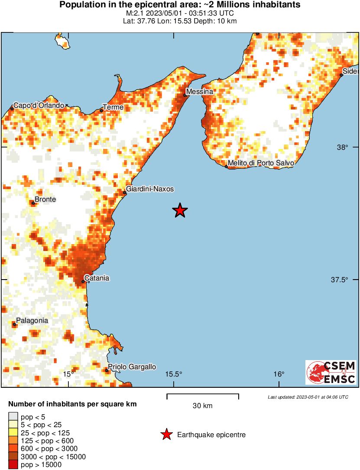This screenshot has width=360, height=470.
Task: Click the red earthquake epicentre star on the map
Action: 180,211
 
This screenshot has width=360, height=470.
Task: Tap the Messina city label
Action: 200,92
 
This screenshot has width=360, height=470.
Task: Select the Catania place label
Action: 97,278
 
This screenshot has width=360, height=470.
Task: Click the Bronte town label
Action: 45,200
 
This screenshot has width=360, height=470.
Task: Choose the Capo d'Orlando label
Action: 39,105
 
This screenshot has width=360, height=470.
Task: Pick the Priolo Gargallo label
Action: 132,367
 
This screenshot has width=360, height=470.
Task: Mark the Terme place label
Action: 113,107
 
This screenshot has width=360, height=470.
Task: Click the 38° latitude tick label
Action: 343,147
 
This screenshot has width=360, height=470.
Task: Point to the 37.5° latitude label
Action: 340,280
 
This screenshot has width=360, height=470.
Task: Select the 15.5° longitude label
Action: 174,374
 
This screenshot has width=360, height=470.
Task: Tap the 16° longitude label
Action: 279,374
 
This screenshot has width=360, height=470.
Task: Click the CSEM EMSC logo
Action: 331,372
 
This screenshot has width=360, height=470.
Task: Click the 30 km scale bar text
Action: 202,406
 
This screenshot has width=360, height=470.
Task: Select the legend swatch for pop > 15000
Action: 13,465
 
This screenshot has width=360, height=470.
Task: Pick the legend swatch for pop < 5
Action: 13,417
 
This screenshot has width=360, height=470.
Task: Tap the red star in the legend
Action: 166,435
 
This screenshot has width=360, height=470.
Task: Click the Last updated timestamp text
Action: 308,397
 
